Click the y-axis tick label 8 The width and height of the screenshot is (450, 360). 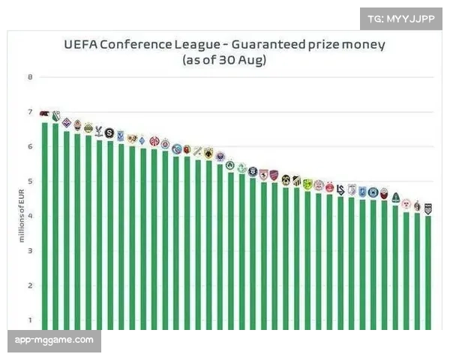31,76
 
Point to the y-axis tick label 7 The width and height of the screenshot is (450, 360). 31,112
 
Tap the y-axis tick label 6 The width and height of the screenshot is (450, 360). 31,146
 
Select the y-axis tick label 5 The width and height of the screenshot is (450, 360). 31,181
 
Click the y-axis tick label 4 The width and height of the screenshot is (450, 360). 31,216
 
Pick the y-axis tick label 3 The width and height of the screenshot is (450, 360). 31,250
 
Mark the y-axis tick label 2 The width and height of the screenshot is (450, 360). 31,286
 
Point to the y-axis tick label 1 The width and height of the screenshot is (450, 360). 31,320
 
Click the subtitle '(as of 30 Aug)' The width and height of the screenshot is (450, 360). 224,60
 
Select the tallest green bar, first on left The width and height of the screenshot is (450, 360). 45,225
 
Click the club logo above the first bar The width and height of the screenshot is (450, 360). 44,115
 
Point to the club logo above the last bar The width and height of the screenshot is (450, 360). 428,208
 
